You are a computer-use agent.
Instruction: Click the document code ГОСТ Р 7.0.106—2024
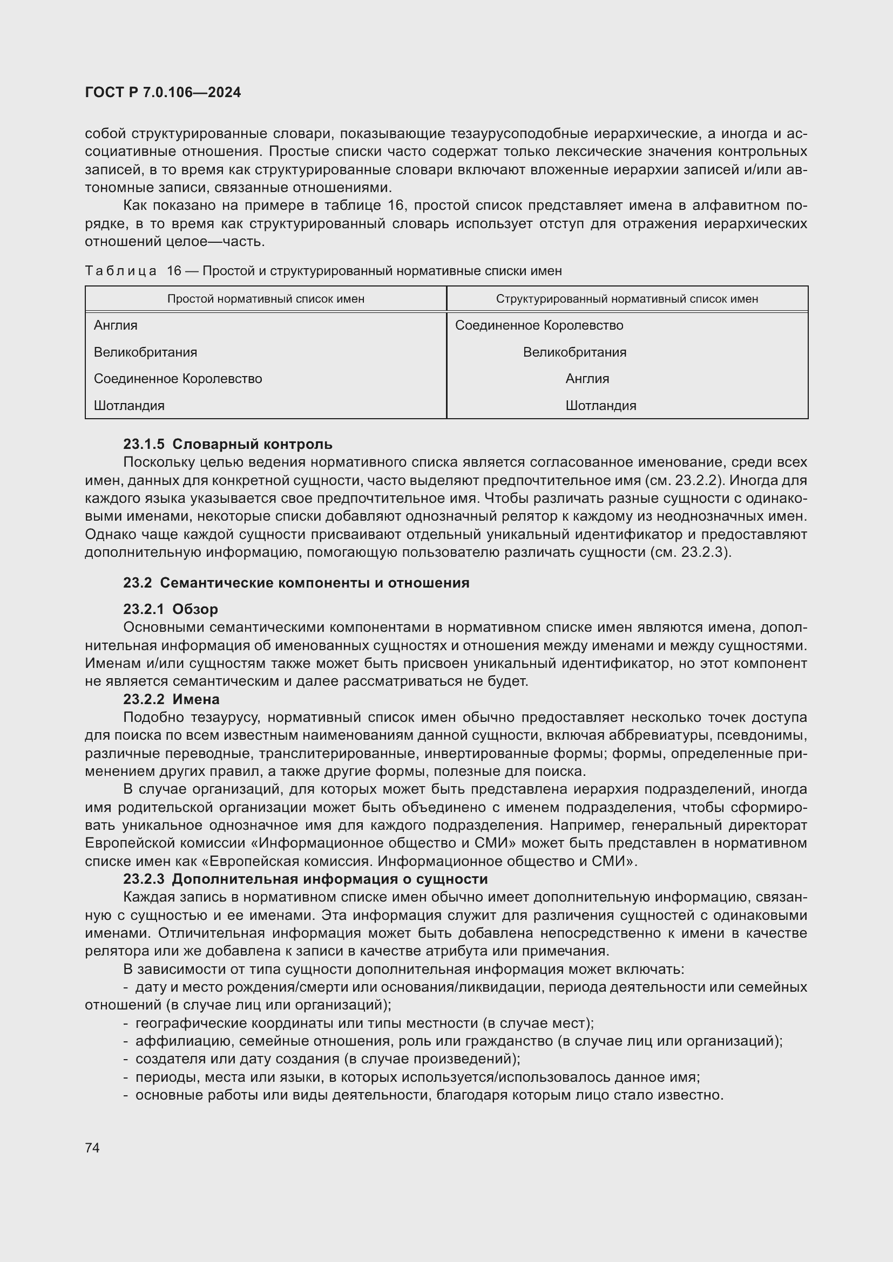pyautogui.click(x=163, y=92)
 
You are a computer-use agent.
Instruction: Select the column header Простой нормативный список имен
pyautogui.click(x=266, y=299)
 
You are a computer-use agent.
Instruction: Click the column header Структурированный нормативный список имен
pyautogui.click(x=627, y=299)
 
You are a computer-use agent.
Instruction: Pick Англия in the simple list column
pyautogui.click(x=116, y=325)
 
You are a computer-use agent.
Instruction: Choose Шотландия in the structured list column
pyautogui.click(x=600, y=406)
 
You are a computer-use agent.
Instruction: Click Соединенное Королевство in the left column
pyautogui.click(x=178, y=379)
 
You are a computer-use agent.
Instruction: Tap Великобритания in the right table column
pyautogui.click(x=574, y=352)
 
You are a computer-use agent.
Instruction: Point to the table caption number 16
pyautogui.click(x=174, y=271)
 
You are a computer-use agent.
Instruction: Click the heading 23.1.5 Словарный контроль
pyautogui.click(x=228, y=444)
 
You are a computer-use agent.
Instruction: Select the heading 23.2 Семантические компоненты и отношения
pyautogui.click(x=296, y=583)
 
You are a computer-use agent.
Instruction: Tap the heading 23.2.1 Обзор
pyautogui.click(x=171, y=610)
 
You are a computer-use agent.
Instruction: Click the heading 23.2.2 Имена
pyautogui.click(x=171, y=700)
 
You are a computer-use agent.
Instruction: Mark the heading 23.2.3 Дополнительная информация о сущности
pyautogui.click(x=305, y=879)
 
